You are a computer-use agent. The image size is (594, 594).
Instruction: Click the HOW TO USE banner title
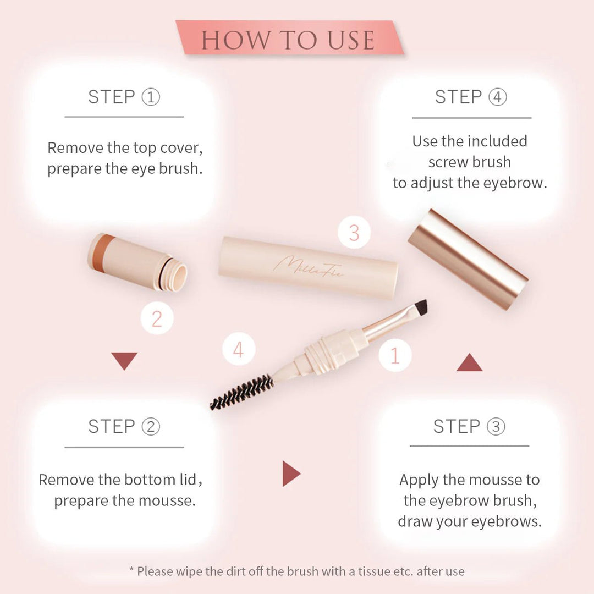pos(288,40)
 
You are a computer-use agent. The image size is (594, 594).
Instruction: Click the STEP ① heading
pos(124,97)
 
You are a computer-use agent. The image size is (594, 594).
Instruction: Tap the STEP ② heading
pos(124,427)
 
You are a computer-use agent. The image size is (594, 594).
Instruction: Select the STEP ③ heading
pos(469,427)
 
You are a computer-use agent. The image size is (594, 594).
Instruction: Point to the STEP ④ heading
pos(471,97)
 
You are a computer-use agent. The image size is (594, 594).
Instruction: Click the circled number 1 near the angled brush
pos(395,355)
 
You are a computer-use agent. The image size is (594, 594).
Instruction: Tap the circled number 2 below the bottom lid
pos(157,318)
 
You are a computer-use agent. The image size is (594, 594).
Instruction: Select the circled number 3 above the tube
pos(354,233)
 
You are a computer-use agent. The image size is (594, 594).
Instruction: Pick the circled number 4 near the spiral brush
pos(239,349)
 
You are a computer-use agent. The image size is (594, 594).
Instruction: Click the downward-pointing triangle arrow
pos(124,360)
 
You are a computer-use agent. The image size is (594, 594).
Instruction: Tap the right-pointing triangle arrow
pos(290,474)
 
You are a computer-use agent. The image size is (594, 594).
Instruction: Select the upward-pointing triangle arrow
pos(469,364)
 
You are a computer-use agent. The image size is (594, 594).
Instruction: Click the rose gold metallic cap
pos(468,258)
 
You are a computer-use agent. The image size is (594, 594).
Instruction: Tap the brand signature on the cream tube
pos(308,267)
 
